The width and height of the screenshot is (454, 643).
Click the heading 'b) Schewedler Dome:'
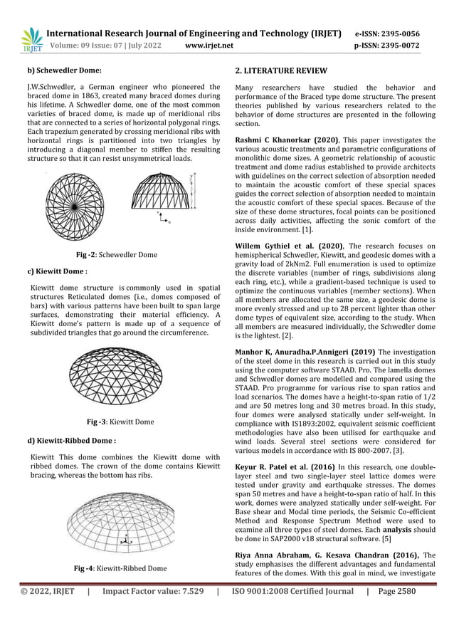(x=64, y=70)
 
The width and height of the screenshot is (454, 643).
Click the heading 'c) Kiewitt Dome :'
(x=57, y=271)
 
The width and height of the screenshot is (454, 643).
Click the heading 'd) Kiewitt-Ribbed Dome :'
(x=71, y=440)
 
